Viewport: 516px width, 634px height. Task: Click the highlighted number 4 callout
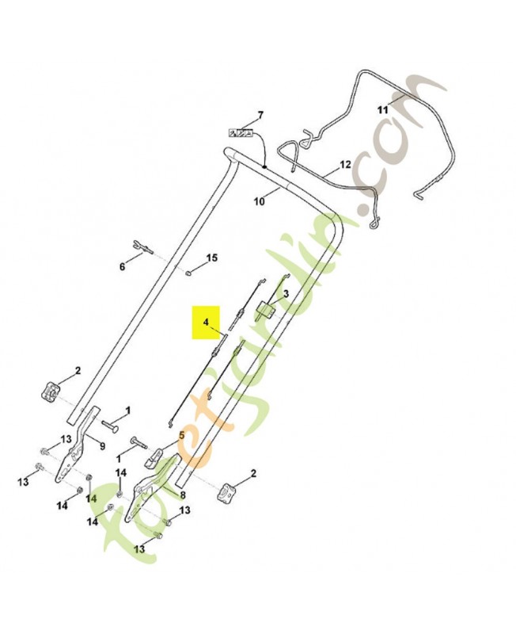tap(206, 323)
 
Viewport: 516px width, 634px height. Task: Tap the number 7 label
tap(260, 115)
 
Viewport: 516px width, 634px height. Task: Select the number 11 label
tap(382, 109)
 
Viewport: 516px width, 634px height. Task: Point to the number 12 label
tap(345, 165)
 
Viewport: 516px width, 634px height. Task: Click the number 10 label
tap(260, 201)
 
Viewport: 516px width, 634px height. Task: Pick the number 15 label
tap(212, 258)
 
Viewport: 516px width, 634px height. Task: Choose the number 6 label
tap(122, 266)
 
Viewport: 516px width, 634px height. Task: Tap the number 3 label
tap(286, 293)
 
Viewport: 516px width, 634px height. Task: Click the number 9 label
tap(103, 446)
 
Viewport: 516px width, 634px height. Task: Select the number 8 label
tap(183, 495)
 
